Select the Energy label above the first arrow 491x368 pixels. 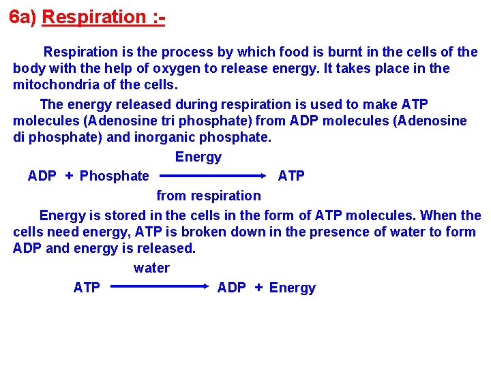point(198,157)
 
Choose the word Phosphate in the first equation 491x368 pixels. point(115,176)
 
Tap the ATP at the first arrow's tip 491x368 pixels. point(291,176)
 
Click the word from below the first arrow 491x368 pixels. point(170,196)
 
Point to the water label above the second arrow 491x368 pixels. point(151,268)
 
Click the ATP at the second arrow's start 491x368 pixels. point(87,288)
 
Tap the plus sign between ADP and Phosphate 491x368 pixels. point(69,176)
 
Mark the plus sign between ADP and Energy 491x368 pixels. point(258,288)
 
